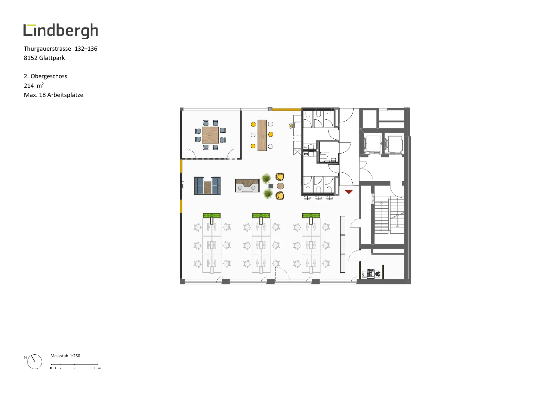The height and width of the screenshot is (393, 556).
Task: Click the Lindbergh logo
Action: (x=61, y=31)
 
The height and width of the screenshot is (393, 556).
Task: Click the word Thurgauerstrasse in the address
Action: (x=48, y=49)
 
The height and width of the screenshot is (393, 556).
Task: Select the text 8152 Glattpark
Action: (x=44, y=58)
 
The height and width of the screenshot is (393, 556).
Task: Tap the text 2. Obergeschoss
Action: (x=46, y=76)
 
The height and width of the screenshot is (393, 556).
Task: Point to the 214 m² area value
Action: (x=34, y=86)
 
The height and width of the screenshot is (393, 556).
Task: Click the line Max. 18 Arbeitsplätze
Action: (x=54, y=95)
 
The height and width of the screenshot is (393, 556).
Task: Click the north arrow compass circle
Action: (x=35, y=362)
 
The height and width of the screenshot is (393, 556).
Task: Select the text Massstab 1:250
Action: (x=65, y=356)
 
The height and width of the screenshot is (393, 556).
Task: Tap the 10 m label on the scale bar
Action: (x=98, y=368)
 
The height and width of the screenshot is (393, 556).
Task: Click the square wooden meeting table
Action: (x=210, y=135)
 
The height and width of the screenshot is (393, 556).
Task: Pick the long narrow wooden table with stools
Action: (x=262, y=135)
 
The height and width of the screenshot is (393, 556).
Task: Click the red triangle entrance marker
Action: (x=349, y=192)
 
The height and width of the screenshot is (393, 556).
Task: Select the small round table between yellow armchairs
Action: (x=280, y=186)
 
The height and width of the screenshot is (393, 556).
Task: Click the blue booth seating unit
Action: (x=208, y=186)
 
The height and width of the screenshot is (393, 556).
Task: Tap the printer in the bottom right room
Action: (x=371, y=274)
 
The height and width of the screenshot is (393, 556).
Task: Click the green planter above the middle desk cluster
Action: (x=261, y=216)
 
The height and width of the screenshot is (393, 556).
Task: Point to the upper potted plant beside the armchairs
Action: (x=266, y=178)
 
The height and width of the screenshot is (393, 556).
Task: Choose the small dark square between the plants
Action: (x=271, y=186)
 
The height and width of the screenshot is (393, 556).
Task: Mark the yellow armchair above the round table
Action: (x=280, y=177)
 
